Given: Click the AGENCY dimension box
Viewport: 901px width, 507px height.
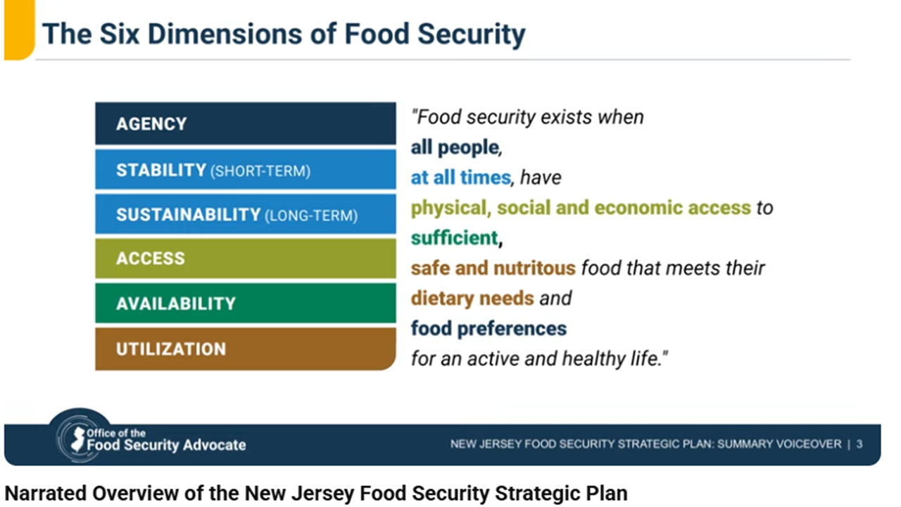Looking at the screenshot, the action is pyautogui.click(x=246, y=123).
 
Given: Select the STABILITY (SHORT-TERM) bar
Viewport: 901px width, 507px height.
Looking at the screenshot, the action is pyautogui.click(x=246, y=170).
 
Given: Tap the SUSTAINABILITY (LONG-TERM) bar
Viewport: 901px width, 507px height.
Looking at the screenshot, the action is pyautogui.click(x=246, y=214).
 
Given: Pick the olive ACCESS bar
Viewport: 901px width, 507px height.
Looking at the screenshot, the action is pyautogui.click(x=246, y=258).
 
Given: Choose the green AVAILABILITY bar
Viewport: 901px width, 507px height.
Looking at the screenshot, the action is pyautogui.click(x=246, y=303).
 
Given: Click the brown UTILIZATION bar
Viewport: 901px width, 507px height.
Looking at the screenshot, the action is pyautogui.click(x=246, y=349).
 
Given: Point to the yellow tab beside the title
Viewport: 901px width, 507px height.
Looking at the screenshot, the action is pyautogui.click(x=19, y=30).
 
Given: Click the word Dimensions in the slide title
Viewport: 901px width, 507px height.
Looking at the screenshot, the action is pyautogui.click(x=225, y=34).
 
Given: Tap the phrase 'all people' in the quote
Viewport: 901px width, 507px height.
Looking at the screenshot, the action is pyautogui.click(x=455, y=147).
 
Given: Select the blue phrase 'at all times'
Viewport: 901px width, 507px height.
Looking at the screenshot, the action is pyautogui.click(x=460, y=177).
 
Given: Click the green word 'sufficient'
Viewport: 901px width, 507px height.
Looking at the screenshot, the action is pyautogui.click(x=454, y=238).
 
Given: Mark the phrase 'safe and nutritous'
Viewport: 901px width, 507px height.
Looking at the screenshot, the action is pyautogui.click(x=493, y=268).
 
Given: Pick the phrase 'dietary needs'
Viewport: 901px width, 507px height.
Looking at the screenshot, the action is pyautogui.click(x=472, y=298).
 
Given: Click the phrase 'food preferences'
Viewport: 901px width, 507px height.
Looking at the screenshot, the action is pyautogui.click(x=489, y=328).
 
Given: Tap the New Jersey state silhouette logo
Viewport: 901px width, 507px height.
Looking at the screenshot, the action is pyautogui.click(x=77, y=439).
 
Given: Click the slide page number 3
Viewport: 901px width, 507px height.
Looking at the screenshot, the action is pyautogui.click(x=859, y=444).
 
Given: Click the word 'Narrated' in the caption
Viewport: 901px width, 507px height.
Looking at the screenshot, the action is pyautogui.click(x=46, y=494).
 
